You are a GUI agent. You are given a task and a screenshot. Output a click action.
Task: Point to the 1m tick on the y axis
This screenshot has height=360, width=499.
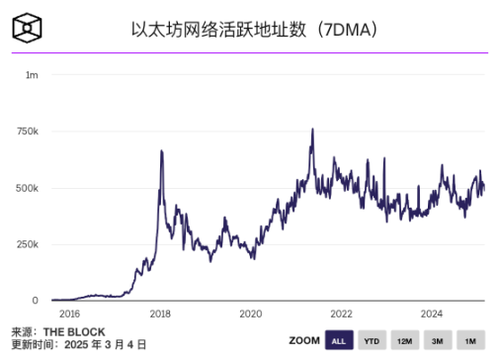(32, 75)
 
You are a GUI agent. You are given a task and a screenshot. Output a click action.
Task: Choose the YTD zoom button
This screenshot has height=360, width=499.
(372, 341)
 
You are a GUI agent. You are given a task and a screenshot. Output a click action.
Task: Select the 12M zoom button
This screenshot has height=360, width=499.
(404, 341)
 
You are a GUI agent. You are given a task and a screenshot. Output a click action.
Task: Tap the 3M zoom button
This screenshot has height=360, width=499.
(437, 341)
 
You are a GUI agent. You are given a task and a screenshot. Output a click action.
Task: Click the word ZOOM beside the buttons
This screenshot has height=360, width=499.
(304, 341)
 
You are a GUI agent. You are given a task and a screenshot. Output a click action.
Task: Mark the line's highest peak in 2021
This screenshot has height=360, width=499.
(312, 129)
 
